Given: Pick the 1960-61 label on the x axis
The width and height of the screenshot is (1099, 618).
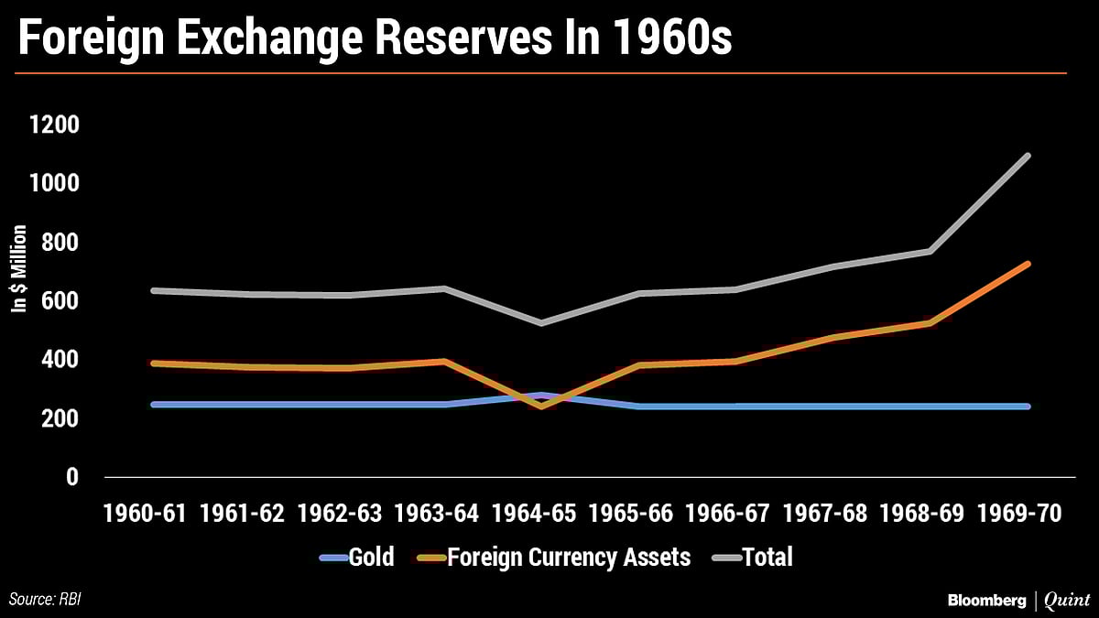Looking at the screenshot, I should pos(147,513).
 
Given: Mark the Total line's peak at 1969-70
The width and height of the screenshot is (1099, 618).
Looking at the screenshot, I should pos(1028,156).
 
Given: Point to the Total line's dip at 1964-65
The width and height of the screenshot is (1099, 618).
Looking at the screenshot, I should pos(541,323).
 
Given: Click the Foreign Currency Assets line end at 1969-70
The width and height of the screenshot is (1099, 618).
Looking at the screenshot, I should pos(1028,264).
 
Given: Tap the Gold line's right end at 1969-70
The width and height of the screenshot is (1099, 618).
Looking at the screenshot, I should pos(1028,407).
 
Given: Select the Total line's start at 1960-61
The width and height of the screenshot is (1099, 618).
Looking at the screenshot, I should pos(152,290).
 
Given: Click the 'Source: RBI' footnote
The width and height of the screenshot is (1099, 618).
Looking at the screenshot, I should pos(51,600).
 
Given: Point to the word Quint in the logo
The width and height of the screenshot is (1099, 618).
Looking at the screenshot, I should pos(1067,600).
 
